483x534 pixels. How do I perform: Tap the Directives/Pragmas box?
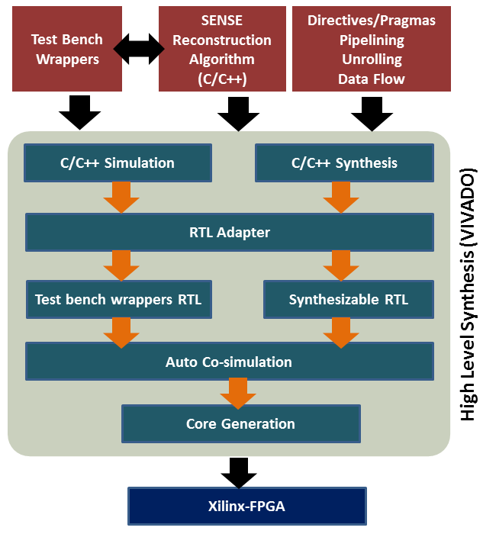coord(372,49)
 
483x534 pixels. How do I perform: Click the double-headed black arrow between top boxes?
coord(140,49)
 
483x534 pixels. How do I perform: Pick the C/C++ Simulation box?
coord(117,163)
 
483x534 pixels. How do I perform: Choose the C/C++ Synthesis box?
coord(344,163)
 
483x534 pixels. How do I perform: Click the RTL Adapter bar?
coord(229,232)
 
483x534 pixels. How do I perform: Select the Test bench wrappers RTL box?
coord(118,300)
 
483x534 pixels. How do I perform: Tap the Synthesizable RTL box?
coord(348,300)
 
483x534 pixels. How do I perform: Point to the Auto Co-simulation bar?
coord(229,362)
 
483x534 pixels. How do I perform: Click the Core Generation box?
coord(240,423)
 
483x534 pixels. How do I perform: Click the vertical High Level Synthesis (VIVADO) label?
coord(468,294)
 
